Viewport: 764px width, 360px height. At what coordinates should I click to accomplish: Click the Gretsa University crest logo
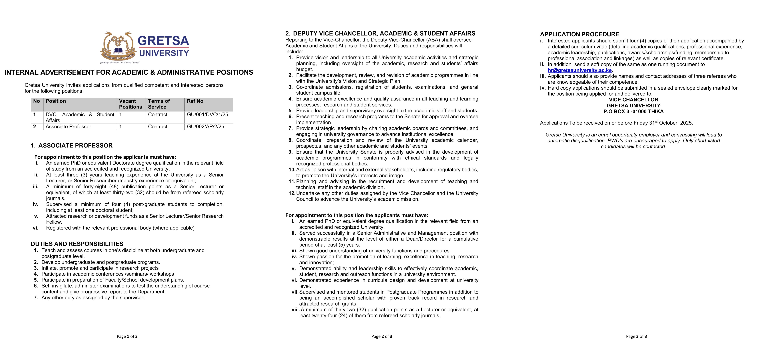[118, 47]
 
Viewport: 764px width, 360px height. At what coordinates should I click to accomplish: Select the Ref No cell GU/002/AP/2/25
[205, 127]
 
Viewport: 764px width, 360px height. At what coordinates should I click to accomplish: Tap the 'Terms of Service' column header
[159, 104]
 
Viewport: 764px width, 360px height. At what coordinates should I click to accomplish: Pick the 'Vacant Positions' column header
[130, 104]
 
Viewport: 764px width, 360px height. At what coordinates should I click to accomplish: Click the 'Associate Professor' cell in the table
[68, 127]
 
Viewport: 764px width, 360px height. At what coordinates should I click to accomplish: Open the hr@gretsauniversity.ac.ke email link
[580, 70]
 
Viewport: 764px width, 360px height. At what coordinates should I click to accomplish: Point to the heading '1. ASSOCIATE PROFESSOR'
[72, 146]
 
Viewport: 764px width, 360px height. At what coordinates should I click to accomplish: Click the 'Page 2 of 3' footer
[382, 336]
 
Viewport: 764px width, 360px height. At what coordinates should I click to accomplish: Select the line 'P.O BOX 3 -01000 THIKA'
[634, 111]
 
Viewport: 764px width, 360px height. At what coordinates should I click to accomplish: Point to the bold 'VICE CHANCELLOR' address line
[634, 100]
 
